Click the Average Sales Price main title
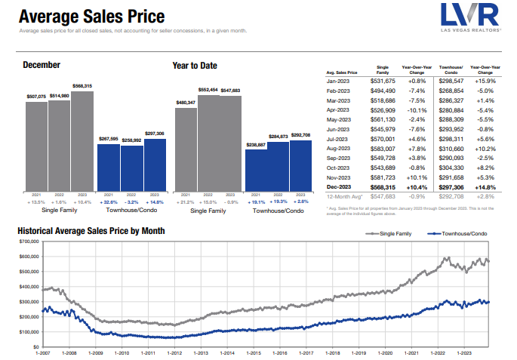[x=91, y=17]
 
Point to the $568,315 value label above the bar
[x=82, y=87]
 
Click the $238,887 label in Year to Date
[x=257, y=144]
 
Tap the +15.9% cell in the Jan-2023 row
[x=485, y=79]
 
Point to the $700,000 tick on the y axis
[x=28, y=242]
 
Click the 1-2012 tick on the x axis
[x=174, y=352]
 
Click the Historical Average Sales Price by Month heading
[x=91, y=230]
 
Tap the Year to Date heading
[x=195, y=65]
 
